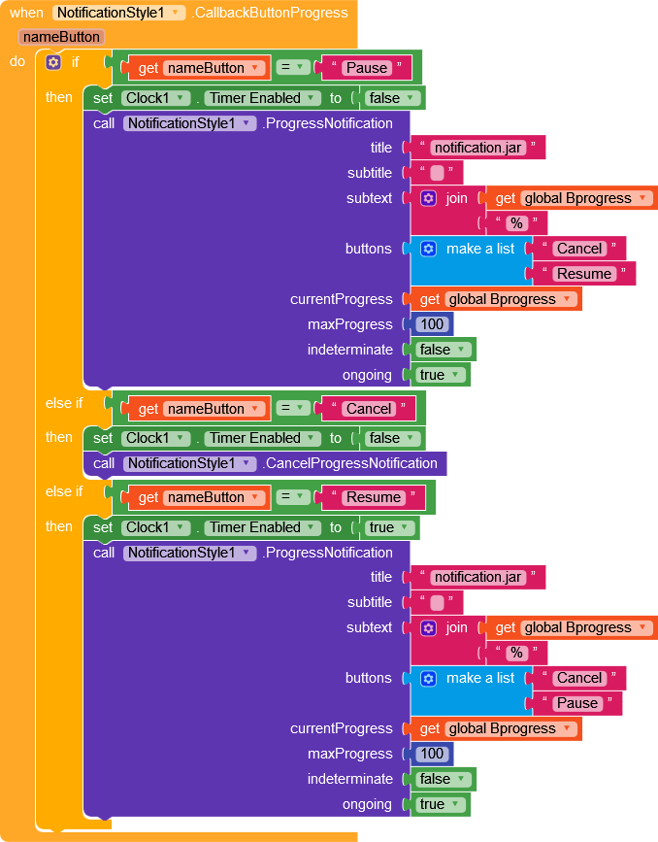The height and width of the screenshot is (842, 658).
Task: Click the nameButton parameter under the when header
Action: click(61, 37)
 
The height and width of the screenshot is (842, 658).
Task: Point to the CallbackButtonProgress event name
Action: click(270, 13)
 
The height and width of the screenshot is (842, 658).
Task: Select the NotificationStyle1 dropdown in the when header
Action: click(118, 13)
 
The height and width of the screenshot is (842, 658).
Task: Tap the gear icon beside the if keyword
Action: click(53, 62)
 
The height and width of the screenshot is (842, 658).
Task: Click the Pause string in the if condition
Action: click(367, 68)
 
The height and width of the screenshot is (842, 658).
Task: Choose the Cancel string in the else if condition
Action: click(368, 409)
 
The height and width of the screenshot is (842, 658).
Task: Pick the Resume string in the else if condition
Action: click(373, 497)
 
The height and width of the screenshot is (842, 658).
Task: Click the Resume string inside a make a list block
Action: click(583, 274)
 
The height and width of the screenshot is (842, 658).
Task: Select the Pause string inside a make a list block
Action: click(576, 703)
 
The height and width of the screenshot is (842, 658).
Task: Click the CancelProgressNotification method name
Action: click(350, 463)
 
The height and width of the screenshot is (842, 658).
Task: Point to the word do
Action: click(17, 62)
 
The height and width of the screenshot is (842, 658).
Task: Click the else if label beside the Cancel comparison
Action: click(64, 403)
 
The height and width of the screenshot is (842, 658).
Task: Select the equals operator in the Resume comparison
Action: click(293, 497)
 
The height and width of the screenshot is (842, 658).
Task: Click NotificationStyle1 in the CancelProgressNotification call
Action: click(189, 463)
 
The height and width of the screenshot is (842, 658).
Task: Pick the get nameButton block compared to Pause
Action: click(196, 68)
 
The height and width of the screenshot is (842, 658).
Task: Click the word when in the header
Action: click(26, 13)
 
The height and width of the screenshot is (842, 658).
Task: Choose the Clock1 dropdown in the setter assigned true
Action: click(155, 527)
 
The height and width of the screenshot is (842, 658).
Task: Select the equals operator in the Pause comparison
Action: click(293, 68)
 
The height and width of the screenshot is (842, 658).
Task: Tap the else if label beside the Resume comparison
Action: click(64, 491)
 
